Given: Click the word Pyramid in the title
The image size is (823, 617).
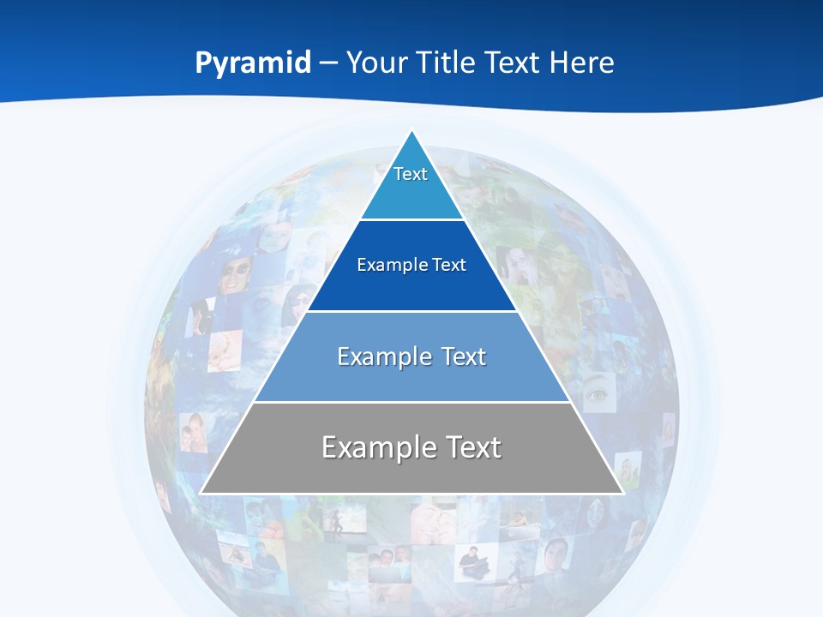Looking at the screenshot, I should pos(253,63).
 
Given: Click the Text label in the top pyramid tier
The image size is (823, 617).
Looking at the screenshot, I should pos(411,174).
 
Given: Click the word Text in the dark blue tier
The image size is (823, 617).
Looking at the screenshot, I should pos(448,265).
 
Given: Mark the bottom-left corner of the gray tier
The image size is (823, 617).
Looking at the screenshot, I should pos(201,493).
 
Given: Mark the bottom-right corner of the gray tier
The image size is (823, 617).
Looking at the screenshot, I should pos(622,493).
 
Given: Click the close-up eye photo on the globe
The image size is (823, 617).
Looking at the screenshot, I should pos(598,395).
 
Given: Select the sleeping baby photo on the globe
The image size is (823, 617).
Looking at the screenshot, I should pos(225,350).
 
